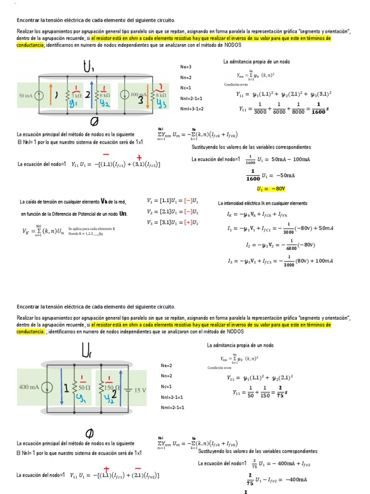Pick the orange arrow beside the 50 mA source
pyautogui.click(x=50, y=95)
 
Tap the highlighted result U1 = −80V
pyautogui.click(x=269, y=189)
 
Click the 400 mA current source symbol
pyautogui.click(x=48, y=387)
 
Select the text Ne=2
pyautogui.click(x=166, y=365)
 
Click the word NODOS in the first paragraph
pyautogui.click(x=232, y=45)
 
